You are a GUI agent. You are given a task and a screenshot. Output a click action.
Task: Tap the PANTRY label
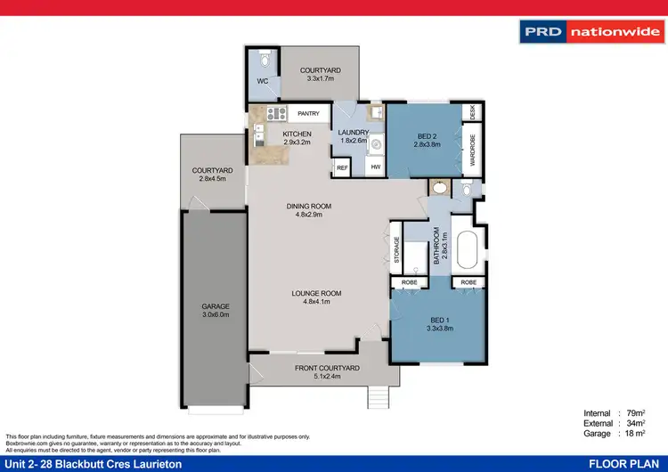309,114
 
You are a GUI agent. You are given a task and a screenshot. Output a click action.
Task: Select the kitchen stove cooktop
273,113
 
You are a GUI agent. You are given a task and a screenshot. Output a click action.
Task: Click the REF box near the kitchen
342,167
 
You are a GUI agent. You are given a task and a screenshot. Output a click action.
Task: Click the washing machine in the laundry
375,142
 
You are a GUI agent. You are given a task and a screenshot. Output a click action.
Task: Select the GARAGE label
216,306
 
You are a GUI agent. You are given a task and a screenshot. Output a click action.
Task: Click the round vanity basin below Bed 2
438,189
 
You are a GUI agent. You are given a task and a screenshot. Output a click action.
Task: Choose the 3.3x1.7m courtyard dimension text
321,78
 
